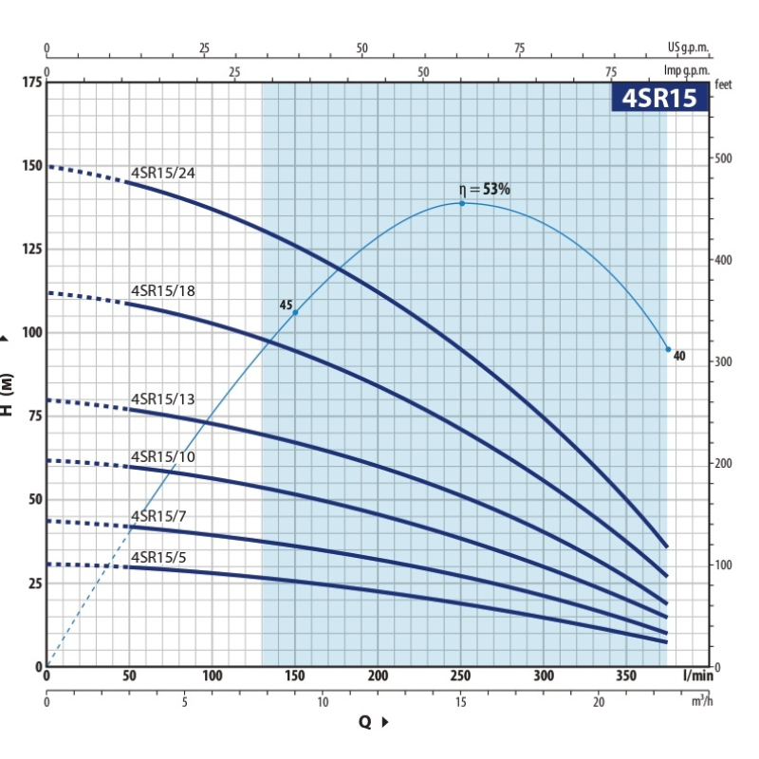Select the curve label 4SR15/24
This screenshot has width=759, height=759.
coord(163,174)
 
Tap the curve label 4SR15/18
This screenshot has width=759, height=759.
coord(163,290)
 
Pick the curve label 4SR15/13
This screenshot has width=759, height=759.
coord(163,398)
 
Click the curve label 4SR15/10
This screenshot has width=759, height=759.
coord(163,457)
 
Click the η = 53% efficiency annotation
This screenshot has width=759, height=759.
coord(485,190)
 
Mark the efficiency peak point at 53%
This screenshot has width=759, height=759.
coord(462,203)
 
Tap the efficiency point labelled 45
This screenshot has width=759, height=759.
coord(295,312)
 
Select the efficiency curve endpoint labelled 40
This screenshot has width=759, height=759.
coord(668,349)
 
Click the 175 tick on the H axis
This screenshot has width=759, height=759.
coord(31,83)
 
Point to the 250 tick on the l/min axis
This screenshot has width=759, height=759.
coord(461,676)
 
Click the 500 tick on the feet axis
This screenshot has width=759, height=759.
coord(724,157)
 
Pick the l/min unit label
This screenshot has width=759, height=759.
coord(696,676)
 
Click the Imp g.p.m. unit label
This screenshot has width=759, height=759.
coord(686,71)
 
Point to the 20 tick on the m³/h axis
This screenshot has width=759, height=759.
coord(599,702)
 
